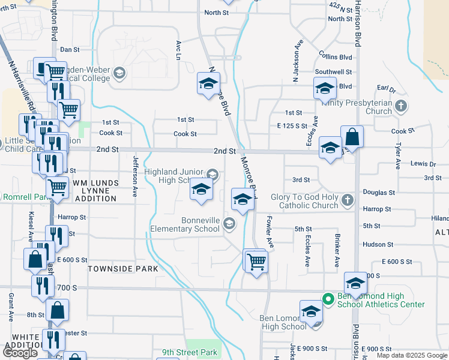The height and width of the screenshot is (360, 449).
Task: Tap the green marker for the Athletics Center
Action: (328, 298)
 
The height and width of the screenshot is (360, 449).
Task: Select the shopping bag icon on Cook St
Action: (352, 137)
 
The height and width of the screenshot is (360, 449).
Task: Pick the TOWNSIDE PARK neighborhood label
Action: (123, 269)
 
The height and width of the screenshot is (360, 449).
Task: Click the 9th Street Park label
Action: (189, 353)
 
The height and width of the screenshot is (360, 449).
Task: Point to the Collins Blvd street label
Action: (336, 57)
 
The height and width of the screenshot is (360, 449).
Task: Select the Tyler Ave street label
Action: (398, 155)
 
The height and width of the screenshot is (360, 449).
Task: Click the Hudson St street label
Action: (378, 245)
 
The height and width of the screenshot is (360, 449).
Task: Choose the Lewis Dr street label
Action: (423, 164)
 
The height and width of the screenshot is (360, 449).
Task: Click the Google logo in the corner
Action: (20, 353)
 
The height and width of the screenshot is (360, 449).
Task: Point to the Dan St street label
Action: (70, 50)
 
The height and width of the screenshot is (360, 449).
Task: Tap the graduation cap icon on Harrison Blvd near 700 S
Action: (355, 284)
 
